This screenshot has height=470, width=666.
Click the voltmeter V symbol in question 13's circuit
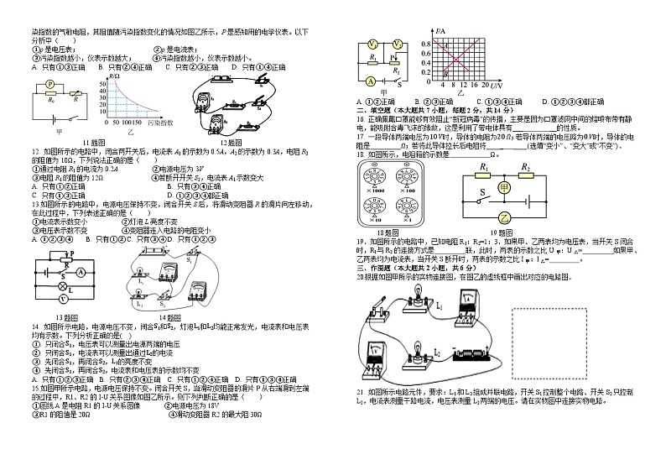pyautogui.click(x=60, y=296)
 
